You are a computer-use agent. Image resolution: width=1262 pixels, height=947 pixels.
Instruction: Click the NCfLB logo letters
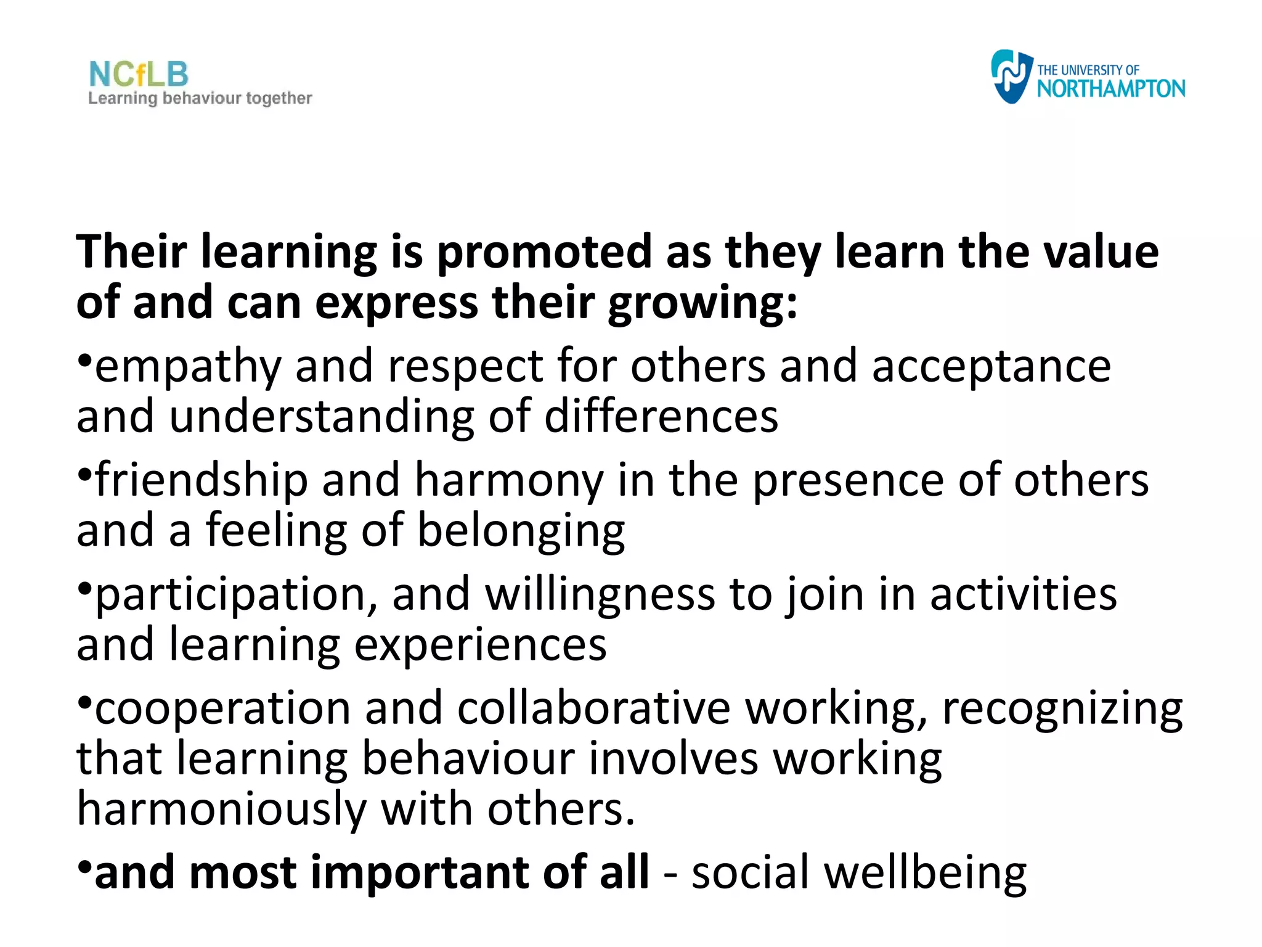click(x=139, y=75)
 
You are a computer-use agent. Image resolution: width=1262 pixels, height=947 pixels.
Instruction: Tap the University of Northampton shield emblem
click(x=1011, y=76)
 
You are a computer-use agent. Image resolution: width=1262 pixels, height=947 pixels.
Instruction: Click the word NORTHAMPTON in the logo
click(x=1110, y=89)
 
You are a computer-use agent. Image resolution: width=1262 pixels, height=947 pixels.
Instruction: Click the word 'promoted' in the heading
click(x=544, y=252)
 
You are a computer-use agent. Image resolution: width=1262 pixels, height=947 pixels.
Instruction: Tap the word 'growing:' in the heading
click(x=702, y=304)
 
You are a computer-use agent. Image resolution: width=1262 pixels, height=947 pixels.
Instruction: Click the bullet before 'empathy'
click(x=85, y=359)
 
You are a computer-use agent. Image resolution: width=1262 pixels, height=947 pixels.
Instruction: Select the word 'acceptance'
click(x=991, y=366)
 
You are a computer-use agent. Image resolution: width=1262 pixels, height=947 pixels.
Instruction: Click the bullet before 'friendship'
click(x=85, y=473)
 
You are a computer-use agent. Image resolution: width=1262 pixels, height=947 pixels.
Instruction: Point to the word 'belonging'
click(x=521, y=531)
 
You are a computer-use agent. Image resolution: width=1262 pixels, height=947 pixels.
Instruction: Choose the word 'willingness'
click(x=600, y=596)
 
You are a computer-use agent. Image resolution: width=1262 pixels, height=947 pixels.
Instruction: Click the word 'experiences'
click(x=481, y=646)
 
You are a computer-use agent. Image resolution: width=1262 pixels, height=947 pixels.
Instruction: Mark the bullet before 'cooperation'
click(x=85, y=702)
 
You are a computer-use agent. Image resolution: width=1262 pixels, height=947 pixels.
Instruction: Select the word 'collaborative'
click(x=594, y=708)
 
